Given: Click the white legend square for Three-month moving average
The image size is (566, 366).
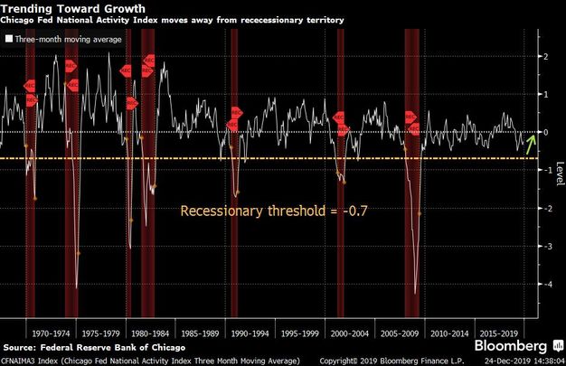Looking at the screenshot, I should (x=9, y=40).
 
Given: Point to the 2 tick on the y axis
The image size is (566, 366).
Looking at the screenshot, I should (x=543, y=56).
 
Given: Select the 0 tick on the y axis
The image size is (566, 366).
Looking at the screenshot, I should (x=543, y=132).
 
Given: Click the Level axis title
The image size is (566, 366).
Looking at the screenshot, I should (x=559, y=170).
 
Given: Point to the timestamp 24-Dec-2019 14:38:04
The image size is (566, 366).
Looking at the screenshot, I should (x=524, y=361).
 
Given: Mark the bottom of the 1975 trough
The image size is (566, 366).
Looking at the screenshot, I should (x=76, y=287).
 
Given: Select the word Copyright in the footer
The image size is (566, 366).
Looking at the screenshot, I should (x=347, y=361).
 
